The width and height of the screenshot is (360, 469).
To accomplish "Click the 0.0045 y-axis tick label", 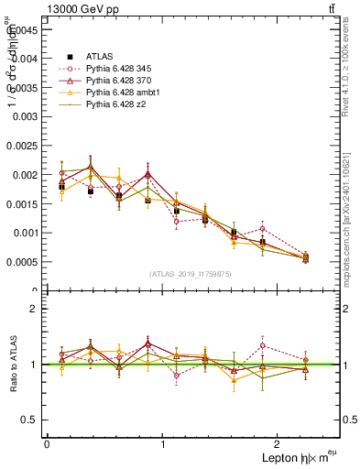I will click(22, 28).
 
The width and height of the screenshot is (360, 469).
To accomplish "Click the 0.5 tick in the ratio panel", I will click(27, 420).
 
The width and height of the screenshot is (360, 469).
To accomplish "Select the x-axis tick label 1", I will click(163, 444).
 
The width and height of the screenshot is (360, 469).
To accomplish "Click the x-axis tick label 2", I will click(279, 444).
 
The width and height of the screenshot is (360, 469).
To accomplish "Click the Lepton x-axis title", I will click(285, 458).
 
